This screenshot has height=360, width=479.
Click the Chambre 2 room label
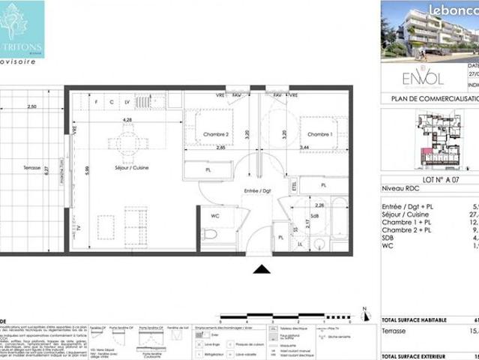coord(215,135)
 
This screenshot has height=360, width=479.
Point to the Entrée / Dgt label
coord(256,192)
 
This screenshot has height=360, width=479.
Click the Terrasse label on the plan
coord(31,168)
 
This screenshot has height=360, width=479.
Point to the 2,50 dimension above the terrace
coord(31,107)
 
